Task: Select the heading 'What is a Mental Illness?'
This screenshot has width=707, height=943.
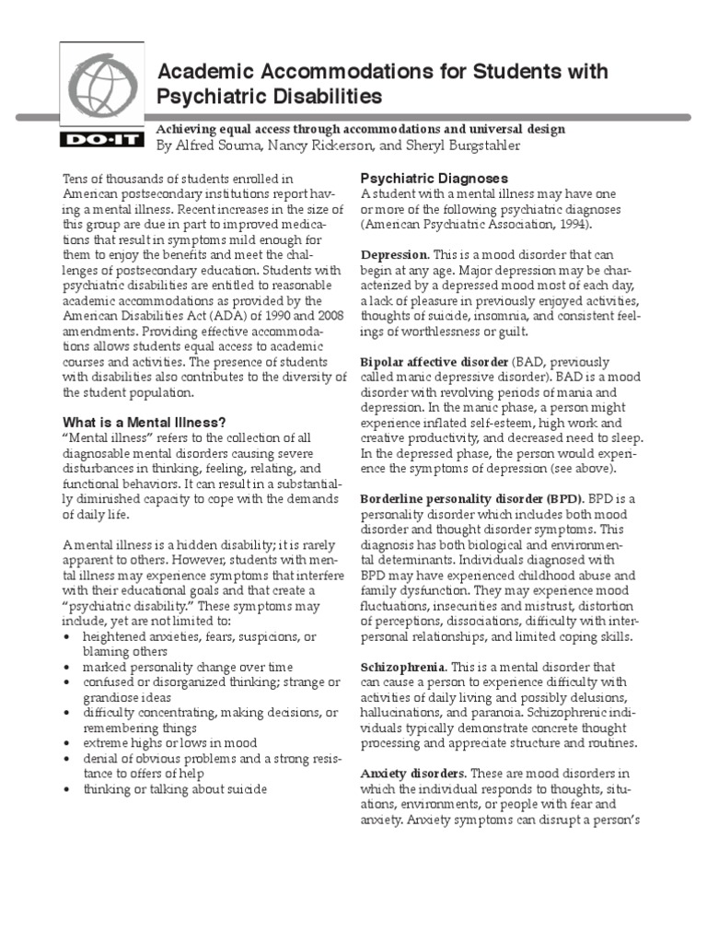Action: (x=143, y=421)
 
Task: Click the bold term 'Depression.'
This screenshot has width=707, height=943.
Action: (x=394, y=254)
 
